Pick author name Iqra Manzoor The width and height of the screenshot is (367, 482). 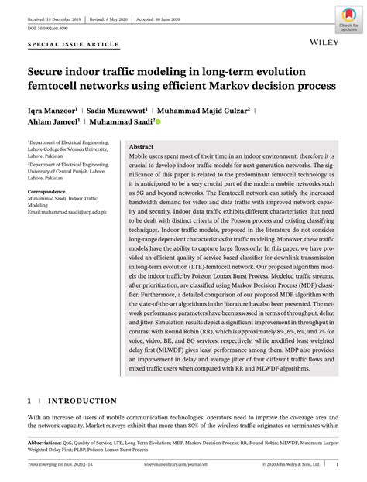click(x=52, y=109)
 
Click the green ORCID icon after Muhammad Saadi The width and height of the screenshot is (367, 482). click(x=158, y=121)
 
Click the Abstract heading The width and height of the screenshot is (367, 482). click(x=141, y=146)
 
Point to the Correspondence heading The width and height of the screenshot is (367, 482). click(x=46, y=191)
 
